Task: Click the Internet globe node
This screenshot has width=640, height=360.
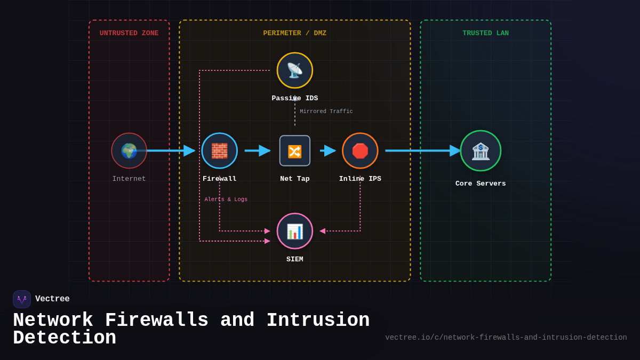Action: point(129,151)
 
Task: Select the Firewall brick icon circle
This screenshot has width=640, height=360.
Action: point(219,151)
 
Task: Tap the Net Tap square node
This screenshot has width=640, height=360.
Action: point(295,151)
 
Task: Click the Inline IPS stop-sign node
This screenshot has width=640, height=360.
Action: point(360,151)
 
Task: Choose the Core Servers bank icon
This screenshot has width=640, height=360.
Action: point(481,151)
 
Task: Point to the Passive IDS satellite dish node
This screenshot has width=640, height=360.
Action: point(295,70)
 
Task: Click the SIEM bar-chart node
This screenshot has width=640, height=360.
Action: point(295,231)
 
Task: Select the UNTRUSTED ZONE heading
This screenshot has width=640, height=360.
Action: point(129,33)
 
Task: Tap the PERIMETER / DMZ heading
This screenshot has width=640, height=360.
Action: point(295,33)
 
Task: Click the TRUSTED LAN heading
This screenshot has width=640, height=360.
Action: point(485,33)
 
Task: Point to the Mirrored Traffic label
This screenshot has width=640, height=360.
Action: point(326,111)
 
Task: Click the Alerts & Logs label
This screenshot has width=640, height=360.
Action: point(226,199)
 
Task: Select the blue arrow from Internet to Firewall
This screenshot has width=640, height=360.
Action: point(168,151)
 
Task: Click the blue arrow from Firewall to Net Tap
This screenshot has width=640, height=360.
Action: point(258,151)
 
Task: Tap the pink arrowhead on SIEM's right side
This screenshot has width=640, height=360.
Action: point(322,231)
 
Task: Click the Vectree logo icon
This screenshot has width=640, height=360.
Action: point(22,299)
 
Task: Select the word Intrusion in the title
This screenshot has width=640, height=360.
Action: point(318,321)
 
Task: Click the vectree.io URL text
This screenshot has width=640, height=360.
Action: point(506,338)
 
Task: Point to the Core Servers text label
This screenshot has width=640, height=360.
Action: point(481,183)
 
